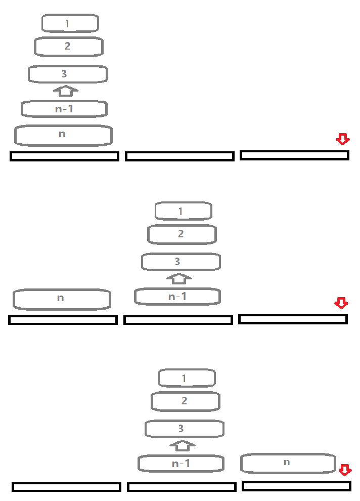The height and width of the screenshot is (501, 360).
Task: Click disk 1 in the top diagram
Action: pyautogui.click(x=70, y=23)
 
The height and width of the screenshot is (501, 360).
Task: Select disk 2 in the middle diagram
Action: pyautogui.click(x=182, y=234)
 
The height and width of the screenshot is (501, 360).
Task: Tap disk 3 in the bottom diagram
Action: pyautogui.click(x=185, y=429)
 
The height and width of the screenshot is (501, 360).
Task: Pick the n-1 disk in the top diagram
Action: pyautogui.click(x=64, y=109)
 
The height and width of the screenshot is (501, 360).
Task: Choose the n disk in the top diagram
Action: pyautogui.click(x=63, y=135)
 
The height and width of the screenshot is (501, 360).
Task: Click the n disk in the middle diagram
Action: pyautogui.click(x=62, y=299)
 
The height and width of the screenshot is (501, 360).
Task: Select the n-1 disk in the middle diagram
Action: pyautogui.click(x=177, y=297)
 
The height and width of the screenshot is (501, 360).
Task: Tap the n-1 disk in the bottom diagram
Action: pyautogui.click(x=181, y=464)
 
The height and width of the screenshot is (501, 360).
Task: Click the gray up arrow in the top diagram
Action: pyautogui.click(x=66, y=91)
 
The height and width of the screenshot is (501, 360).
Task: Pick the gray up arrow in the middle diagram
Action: pyautogui.click(x=179, y=278)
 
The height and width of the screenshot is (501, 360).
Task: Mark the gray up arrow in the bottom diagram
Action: pyautogui.click(x=183, y=445)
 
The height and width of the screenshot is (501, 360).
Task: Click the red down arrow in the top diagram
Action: pyautogui.click(x=343, y=139)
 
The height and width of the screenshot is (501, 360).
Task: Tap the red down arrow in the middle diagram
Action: pyautogui.click(x=341, y=303)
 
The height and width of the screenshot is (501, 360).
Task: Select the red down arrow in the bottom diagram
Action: pyautogui.click(x=345, y=470)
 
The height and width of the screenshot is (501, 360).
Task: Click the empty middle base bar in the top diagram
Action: pyautogui.click(x=179, y=156)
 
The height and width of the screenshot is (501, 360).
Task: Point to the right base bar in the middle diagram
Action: pyautogui.click(x=293, y=319)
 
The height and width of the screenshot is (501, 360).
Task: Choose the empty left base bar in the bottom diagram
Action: pyautogui.click(x=66, y=487)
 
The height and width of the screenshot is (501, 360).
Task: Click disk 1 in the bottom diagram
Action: pyautogui.click(x=187, y=378)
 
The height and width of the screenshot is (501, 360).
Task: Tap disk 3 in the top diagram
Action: pyautogui.click(x=67, y=74)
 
